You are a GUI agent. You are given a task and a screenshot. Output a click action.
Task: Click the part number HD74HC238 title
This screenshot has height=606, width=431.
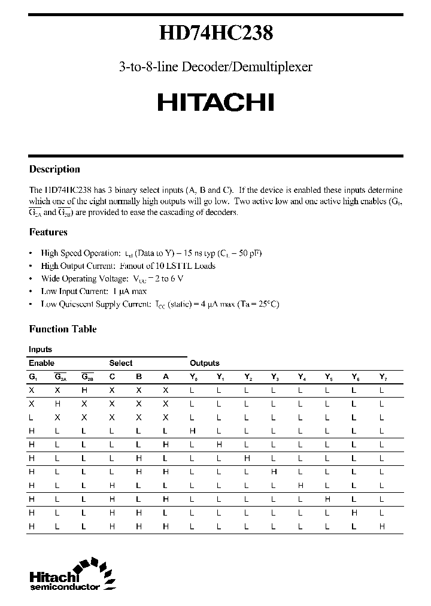coord(216,34)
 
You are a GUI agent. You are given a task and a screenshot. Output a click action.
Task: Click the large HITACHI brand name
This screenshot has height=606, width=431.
coord(216,102)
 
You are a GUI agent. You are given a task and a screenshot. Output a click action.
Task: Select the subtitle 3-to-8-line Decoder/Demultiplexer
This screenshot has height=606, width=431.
coord(215,67)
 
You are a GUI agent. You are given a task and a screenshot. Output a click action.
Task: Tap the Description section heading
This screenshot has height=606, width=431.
coord(54,169)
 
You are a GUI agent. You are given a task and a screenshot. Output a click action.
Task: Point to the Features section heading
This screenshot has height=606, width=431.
coord(48,232)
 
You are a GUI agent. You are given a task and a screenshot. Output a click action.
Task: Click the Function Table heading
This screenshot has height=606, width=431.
coord(63,329)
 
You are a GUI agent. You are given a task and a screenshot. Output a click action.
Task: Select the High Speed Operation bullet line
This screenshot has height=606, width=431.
coord(151,253)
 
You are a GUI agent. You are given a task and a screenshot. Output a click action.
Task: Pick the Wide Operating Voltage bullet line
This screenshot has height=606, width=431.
coord(112,278)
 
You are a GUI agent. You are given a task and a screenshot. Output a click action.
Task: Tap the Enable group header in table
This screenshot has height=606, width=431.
coord(41,363)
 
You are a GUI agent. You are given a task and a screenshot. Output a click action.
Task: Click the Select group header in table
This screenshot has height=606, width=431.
coord(121,363)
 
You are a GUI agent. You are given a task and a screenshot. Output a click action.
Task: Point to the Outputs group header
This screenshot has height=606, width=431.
coord(205,363)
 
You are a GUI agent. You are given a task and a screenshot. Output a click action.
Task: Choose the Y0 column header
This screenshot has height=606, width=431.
coord(193,377)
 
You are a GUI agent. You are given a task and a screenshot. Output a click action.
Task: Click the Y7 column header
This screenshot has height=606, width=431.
coord(383,377)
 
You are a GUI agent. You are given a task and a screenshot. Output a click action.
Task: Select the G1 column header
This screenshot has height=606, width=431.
coord(32,377)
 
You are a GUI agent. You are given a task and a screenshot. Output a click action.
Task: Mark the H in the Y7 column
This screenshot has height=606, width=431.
coord(382,526)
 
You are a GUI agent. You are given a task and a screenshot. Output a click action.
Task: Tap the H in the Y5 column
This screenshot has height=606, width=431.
coord(328,499)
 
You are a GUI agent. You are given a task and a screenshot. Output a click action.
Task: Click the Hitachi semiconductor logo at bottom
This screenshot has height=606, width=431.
coord(69,577)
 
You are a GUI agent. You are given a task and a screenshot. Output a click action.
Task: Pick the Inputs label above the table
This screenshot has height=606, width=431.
coord(40,349)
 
